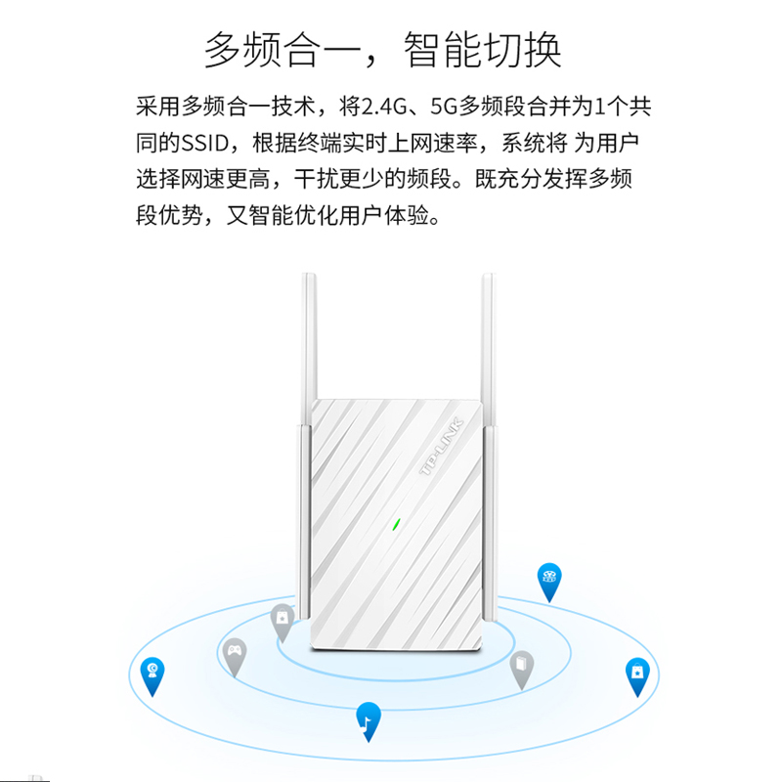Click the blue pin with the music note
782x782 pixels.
[368, 720]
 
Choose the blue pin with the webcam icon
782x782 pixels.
[152, 672]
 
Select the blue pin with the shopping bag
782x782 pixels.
[637, 673]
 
